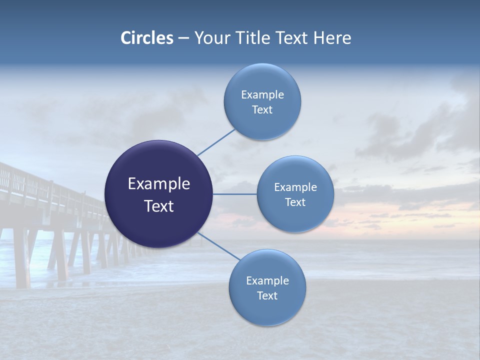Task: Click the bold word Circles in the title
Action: [146, 38]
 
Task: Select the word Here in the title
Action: [332, 38]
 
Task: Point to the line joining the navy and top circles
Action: [216, 142]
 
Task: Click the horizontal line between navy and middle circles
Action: [234, 194]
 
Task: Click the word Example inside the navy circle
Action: [158, 184]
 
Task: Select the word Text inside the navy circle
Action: [158, 206]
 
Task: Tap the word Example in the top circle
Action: [262, 95]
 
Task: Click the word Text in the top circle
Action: [262, 110]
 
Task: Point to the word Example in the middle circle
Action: [295, 187]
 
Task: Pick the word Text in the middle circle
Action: [295, 202]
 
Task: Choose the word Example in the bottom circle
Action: [267, 281]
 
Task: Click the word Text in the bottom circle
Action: [267, 296]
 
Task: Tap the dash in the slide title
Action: [183, 38]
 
